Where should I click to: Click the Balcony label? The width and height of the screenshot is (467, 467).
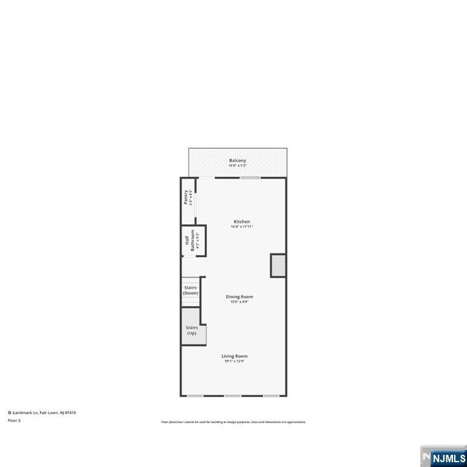(237, 161)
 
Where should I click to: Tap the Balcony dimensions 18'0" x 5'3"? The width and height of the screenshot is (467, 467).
(237, 165)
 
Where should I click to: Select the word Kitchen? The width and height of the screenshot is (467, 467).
(242, 221)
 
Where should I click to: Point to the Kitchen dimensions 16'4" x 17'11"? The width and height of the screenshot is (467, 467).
(242, 227)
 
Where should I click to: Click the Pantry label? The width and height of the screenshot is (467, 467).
(187, 198)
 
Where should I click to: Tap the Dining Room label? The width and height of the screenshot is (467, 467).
(239, 297)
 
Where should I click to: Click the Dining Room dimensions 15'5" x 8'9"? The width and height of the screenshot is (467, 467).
(239, 302)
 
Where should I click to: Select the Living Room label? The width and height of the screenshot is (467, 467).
(234, 356)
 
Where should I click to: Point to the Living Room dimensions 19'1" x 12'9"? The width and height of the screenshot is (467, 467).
(234, 361)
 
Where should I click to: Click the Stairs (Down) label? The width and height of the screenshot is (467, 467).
(190, 290)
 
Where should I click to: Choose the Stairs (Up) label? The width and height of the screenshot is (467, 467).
(192, 330)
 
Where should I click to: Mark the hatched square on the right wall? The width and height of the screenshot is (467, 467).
(278, 266)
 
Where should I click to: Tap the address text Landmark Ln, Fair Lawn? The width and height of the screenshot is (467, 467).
(44, 413)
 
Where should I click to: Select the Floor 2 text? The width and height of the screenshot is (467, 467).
(14, 420)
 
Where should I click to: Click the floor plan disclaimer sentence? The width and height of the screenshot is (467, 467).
(233, 422)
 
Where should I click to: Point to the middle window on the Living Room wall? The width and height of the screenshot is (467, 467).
(233, 396)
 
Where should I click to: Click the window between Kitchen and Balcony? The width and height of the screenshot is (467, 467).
(250, 178)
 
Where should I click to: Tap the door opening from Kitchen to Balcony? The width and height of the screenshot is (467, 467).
(207, 178)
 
